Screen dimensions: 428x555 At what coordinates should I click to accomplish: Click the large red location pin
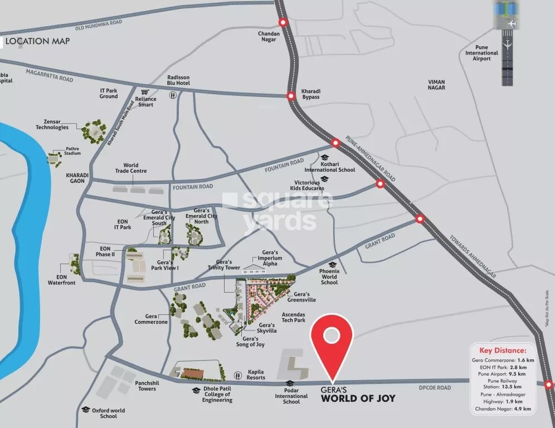click(332, 340)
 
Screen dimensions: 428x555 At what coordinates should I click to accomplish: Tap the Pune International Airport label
click(482, 53)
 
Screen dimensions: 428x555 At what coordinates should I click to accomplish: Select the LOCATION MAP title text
click(37, 41)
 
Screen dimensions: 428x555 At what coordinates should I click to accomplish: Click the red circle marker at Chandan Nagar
click(283, 23)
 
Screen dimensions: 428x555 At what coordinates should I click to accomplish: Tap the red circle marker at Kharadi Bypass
click(290, 96)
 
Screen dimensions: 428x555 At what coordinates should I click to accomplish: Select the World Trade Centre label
click(131, 168)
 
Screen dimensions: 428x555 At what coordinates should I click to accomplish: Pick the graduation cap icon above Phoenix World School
click(332, 265)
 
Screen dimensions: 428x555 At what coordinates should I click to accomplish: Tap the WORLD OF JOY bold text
click(358, 398)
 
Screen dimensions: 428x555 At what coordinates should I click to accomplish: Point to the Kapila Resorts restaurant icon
click(237, 374)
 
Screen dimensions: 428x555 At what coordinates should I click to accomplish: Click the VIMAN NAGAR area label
click(436, 84)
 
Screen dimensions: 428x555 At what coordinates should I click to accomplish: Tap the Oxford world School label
click(109, 414)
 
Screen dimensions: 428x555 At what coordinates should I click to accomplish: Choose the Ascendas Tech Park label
click(294, 317)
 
